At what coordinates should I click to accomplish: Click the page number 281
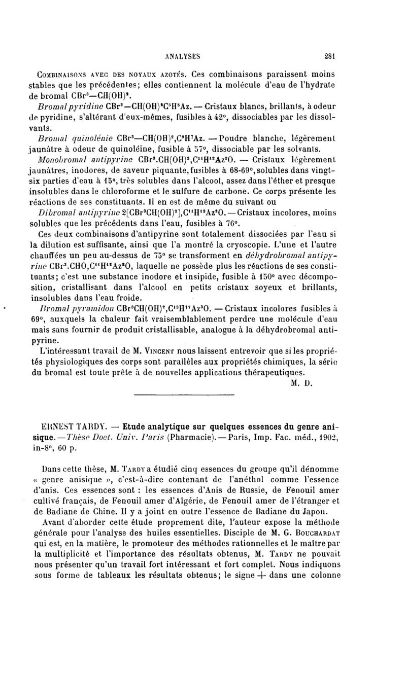[333, 56]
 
